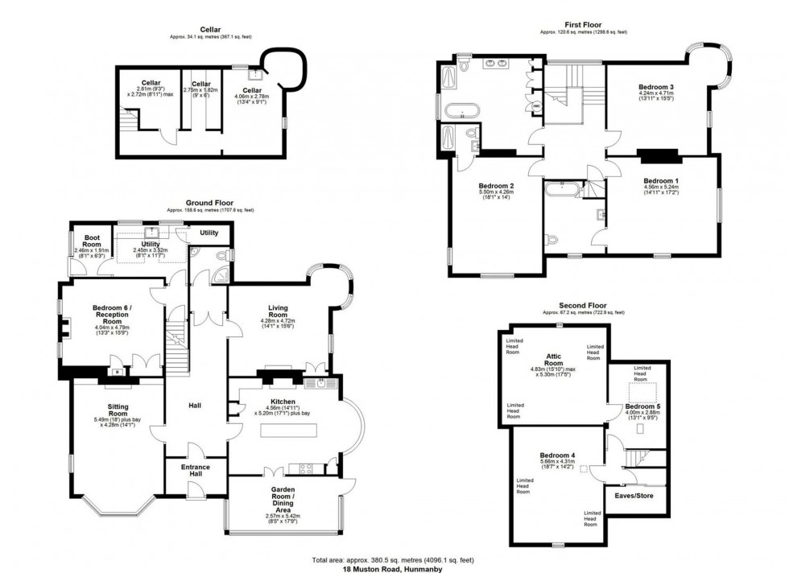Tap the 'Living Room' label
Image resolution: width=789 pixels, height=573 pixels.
click(x=278, y=310)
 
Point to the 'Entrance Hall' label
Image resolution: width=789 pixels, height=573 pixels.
click(x=195, y=471)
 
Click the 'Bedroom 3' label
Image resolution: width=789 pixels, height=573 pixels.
click(x=656, y=86)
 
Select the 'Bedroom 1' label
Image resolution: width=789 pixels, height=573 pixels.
click(x=660, y=180)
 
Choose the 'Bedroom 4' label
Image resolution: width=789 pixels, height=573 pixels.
click(x=556, y=456)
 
